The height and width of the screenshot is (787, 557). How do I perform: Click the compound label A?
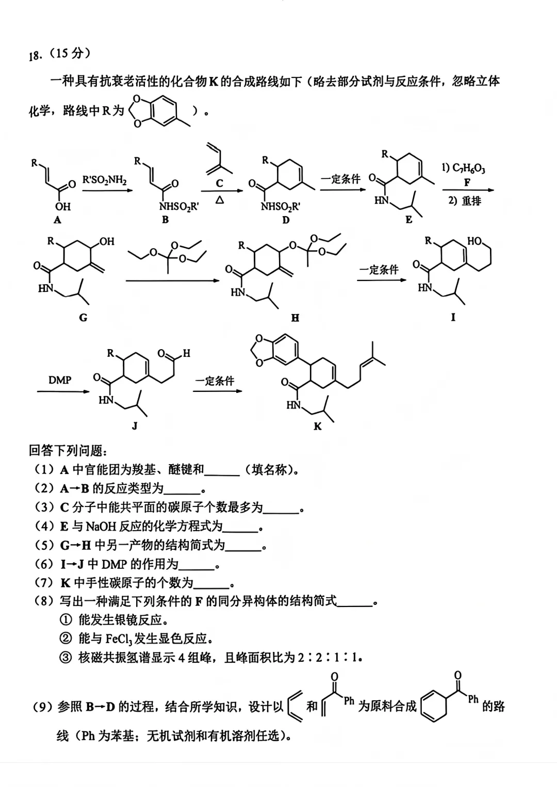coord(57,220)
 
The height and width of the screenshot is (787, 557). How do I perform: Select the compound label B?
coord(165,220)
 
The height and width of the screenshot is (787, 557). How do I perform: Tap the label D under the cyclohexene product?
coord(286,220)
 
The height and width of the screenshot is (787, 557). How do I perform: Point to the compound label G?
coord(83,318)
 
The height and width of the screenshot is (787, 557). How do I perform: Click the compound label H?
coord(295,318)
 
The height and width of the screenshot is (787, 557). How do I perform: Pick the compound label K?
coord(317,427)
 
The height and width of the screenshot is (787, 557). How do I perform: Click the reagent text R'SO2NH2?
coord(104,180)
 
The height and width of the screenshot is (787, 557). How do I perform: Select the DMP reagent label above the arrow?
coord(60,380)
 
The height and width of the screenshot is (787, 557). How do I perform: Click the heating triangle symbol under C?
coord(220,200)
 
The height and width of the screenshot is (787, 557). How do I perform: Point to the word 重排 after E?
coord(471,201)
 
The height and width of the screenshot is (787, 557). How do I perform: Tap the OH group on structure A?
coord(63,206)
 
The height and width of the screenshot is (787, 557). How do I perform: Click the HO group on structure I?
coord(474,241)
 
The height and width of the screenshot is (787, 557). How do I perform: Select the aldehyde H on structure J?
coord(186,353)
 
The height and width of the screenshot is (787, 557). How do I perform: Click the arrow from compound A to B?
coord(108,190)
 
